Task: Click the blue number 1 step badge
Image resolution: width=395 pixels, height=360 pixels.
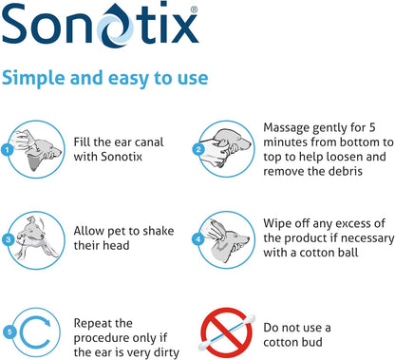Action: tap(8, 149)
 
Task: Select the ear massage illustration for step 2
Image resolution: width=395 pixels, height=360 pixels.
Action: tap(229, 142)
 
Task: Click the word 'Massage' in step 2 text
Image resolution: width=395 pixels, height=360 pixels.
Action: tap(291, 125)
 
